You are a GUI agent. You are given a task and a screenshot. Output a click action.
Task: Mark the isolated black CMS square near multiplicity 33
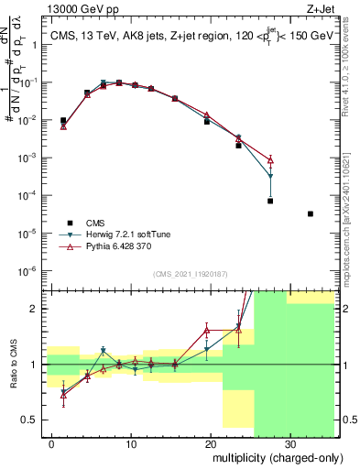(311, 213)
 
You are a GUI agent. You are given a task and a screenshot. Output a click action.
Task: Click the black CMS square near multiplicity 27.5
(270, 201)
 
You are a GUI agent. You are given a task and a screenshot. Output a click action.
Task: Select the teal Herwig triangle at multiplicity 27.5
(270, 177)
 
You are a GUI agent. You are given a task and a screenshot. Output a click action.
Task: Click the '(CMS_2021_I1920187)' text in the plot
(189, 274)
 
